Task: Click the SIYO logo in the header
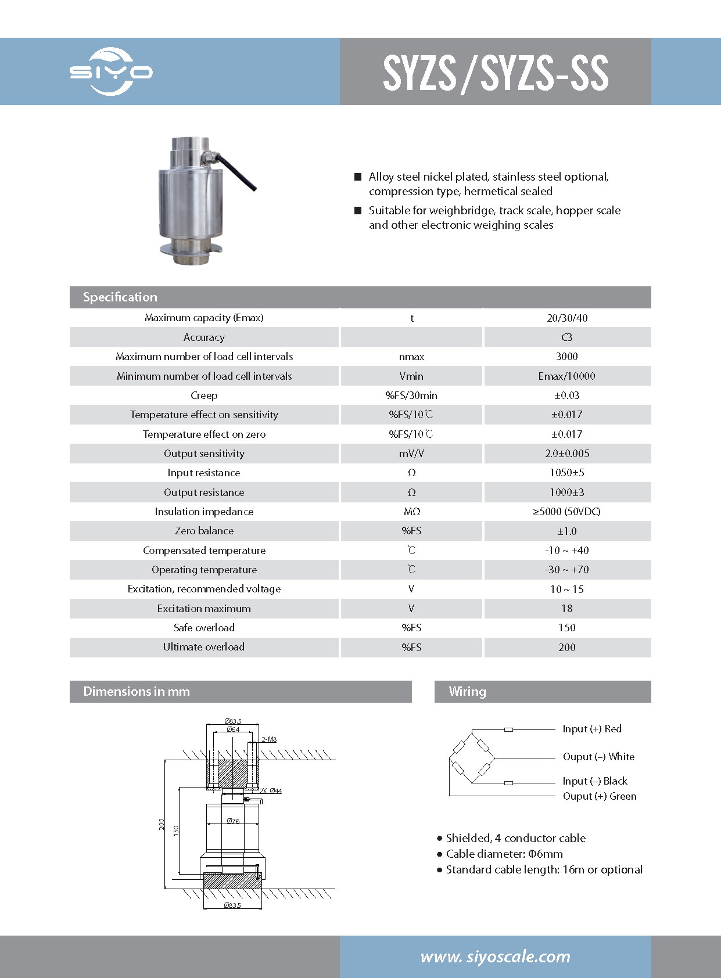pos(110,71)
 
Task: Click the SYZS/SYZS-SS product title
pos(495,73)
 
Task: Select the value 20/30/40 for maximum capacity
pos(566,318)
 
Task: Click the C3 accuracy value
pos(566,337)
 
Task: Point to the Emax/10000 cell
pos(566,376)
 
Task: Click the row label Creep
pos(204,395)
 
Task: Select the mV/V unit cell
pos(411,454)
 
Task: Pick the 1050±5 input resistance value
pos(566,473)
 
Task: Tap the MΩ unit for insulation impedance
pos(411,512)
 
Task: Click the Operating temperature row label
pos(204,570)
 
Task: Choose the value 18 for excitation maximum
pos(566,609)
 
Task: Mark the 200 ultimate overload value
pos(566,647)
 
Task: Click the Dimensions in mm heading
pos(137,691)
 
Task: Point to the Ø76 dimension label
pos(233,821)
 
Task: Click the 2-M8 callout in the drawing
pos(269,739)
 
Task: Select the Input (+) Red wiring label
pos(591,729)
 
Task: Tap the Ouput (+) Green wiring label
pos(599,796)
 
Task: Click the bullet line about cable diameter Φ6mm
pos(504,854)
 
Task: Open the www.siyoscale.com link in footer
pos(495,957)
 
